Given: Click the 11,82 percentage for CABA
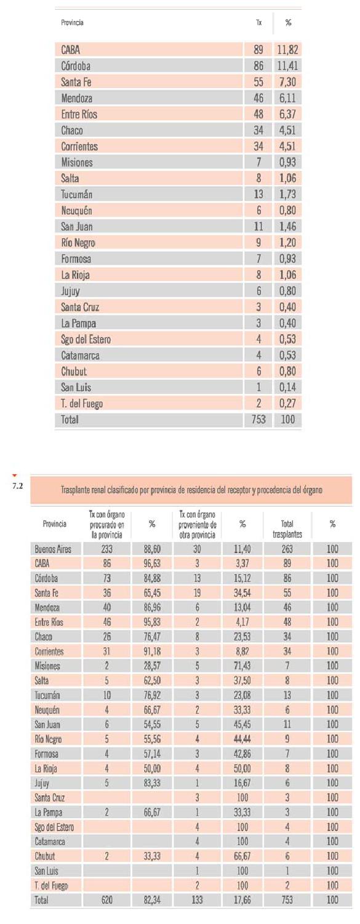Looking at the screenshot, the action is [287, 50].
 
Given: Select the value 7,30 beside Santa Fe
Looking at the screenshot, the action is [287, 82].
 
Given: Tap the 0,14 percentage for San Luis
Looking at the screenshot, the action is [287, 388].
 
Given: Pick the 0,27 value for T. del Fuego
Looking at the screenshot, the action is [287, 404].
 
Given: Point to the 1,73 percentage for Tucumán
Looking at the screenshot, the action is [287, 194].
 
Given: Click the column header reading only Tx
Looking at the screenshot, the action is [259, 22].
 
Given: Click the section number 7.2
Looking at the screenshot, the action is [17, 486].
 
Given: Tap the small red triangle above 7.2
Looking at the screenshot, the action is [14, 476].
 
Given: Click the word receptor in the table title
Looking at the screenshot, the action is [238, 490].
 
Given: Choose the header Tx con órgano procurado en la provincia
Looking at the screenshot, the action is [106, 525].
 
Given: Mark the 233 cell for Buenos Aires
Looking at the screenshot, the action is [106, 549].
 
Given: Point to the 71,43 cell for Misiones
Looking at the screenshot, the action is [242, 666].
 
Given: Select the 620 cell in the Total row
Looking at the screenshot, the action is [106, 899].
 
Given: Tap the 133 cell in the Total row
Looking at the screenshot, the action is [197, 899].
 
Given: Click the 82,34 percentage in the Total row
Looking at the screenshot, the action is [152, 899].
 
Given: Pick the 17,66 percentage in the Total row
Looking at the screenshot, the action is [242, 899].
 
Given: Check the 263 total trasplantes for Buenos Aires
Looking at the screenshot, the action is [287, 549].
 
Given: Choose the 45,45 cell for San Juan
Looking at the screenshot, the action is [242, 724].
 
